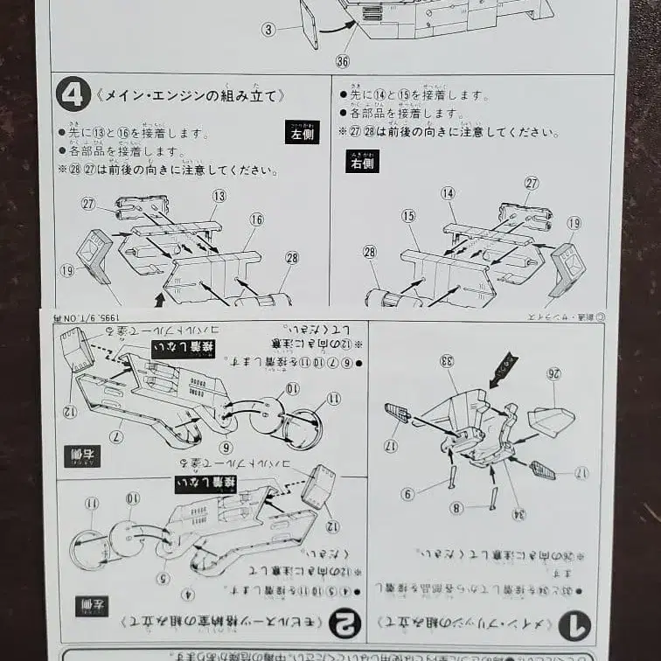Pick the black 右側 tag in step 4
point(361,161)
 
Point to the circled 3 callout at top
point(268,29)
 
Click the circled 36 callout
point(343,60)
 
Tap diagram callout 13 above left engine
point(219,195)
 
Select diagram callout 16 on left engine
point(256,219)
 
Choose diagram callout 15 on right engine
point(408,215)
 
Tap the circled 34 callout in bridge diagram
point(519,514)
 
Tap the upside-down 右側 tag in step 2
point(81,456)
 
